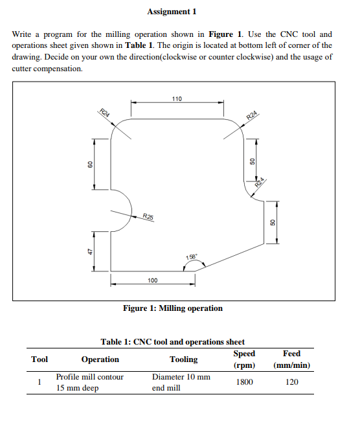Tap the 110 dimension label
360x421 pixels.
[x=177, y=98]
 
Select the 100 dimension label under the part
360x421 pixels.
[x=152, y=280]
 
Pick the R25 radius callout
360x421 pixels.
[x=148, y=216]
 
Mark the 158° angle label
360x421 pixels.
[x=192, y=258]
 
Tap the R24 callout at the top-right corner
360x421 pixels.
[x=253, y=116]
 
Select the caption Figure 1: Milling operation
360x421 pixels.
[x=173, y=308]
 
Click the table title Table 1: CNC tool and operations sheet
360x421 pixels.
[x=172, y=342]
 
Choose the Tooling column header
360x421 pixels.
[x=184, y=359]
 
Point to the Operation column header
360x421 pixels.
[x=100, y=359]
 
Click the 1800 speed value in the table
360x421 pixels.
[x=244, y=382]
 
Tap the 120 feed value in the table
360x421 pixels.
[x=292, y=382]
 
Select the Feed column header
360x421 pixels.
[x=292, y=354]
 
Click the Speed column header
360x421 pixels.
[x=244, y=354]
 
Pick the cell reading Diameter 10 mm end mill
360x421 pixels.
[x=181, y=382]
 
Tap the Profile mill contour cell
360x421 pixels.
[x=89, y=376]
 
